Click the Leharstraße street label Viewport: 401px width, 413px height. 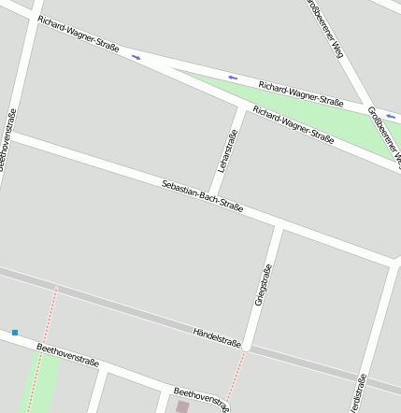point(227,150)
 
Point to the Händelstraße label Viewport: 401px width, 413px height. point(217,337)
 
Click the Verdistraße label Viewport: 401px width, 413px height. point(357,392)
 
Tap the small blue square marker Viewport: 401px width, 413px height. point(15,332)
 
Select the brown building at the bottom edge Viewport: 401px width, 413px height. point(182,407)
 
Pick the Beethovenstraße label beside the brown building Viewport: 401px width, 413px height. point(201,398)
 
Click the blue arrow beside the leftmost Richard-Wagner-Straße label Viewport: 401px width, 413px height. point(136,57)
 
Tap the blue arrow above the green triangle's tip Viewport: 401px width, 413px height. point(233,78)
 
